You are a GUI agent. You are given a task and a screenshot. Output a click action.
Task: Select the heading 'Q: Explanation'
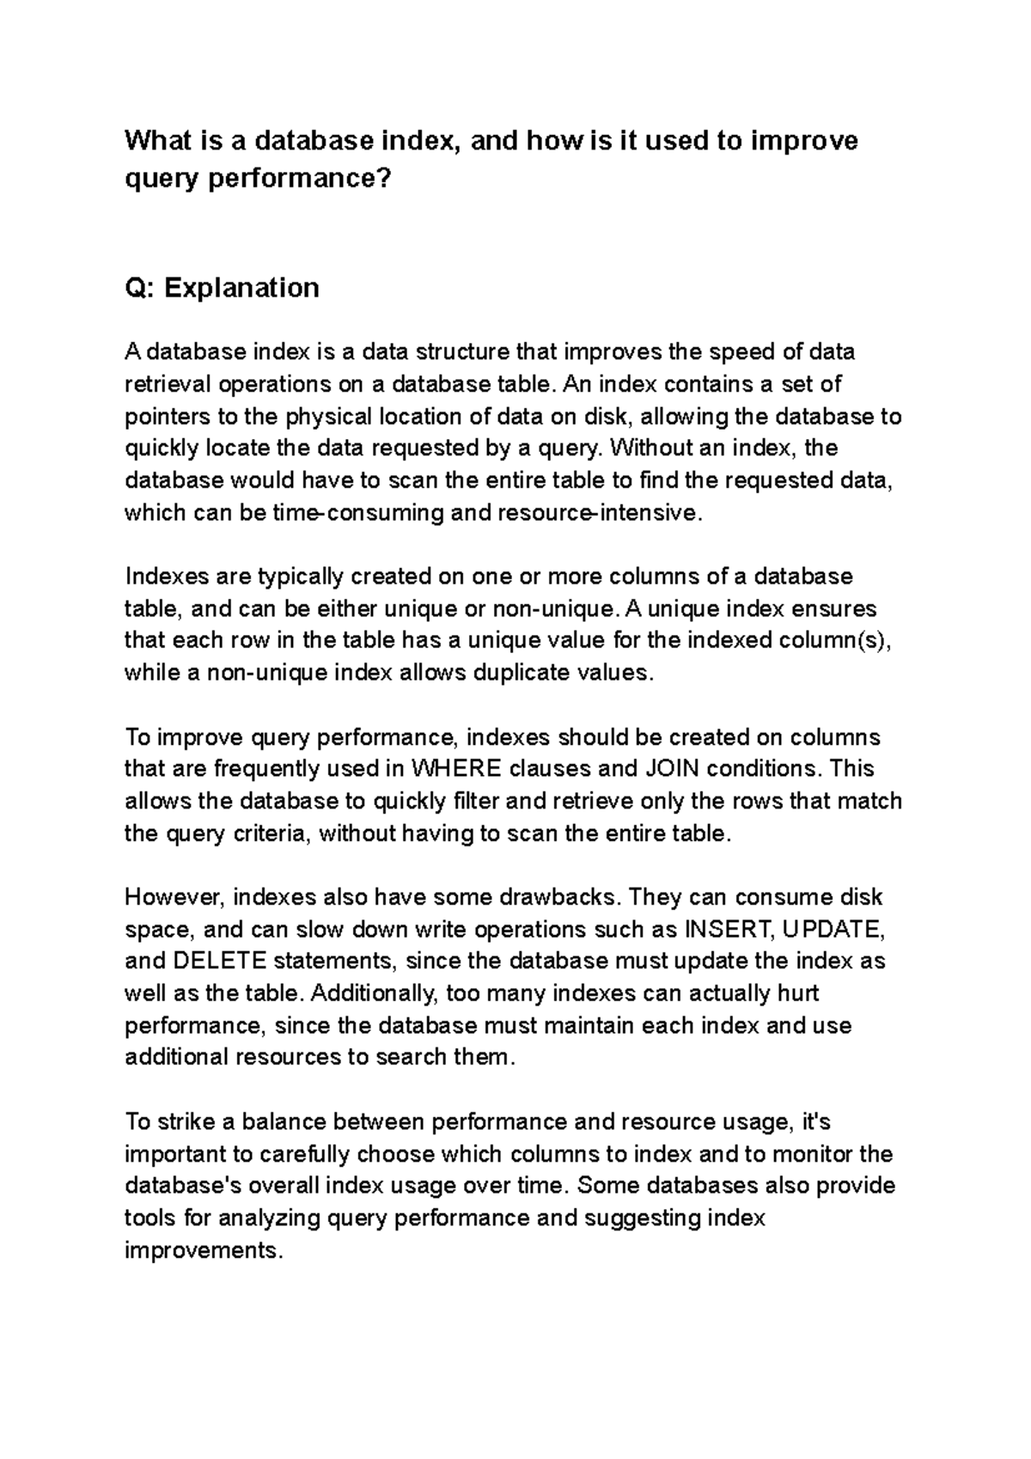tap(222, 287)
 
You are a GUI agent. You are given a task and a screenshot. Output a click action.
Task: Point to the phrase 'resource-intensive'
tap(599, 513)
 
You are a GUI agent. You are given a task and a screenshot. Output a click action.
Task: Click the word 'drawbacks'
tap(558, 897)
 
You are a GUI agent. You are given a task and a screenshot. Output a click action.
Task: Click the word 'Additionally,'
tap(376, 993)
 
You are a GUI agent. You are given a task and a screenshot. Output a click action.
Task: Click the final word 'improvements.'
tap(204, 1250)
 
